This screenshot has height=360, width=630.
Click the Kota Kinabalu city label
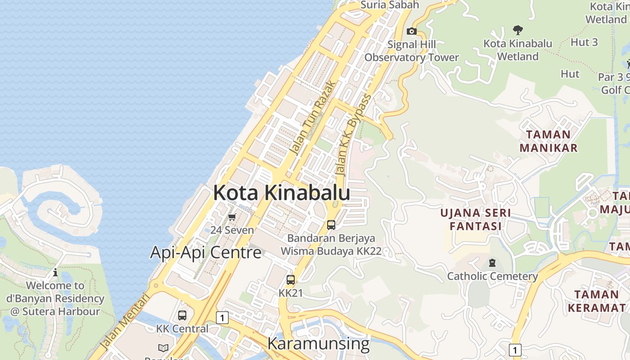(281, 193)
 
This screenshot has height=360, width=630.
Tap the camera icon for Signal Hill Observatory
(411, 31)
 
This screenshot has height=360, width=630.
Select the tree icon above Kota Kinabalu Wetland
(517, 30)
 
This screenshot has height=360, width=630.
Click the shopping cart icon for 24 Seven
(232, 217)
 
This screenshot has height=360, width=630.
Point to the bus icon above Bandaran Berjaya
(331, 225)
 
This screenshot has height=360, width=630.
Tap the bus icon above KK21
(291, 279)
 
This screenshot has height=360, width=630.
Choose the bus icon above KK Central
(182, 315)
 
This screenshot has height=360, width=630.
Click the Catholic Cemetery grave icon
(492, 263)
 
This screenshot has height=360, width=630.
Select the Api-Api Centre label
(206, 252)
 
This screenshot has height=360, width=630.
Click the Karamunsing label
(318, 343)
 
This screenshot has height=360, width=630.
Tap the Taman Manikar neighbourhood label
(548, 141)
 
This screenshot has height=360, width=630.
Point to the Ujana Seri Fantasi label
(476, 219)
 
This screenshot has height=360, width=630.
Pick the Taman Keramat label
(596, 301)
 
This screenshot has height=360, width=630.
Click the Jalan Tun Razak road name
(313, 118)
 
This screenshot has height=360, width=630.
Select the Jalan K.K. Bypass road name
(354, 135)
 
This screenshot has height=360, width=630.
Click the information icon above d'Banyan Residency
(55, 272)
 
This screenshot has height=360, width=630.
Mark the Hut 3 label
(584, 42)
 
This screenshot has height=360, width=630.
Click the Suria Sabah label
(390, 5)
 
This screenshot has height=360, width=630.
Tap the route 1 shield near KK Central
(222, 318)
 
